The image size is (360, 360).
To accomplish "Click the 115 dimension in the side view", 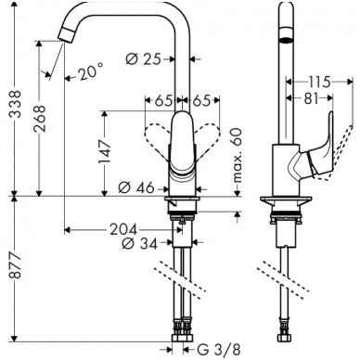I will [x=320, y=83].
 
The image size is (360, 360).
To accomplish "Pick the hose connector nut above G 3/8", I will [x=183, y=341].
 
